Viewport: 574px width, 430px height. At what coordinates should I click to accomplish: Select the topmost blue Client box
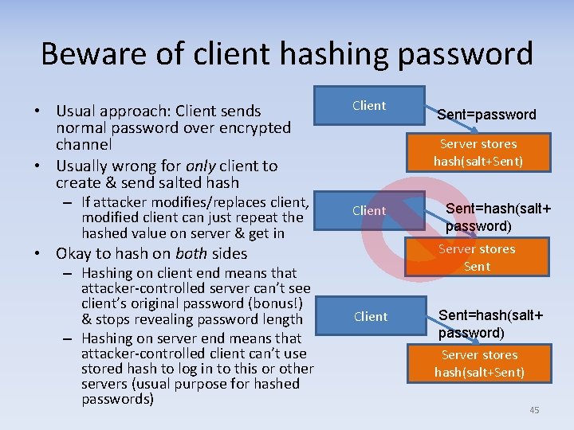(x=369, y=106)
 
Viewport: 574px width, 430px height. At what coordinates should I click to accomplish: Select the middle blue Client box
(x=369, y=211)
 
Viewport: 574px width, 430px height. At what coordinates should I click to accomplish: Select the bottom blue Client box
(x=370, y=316)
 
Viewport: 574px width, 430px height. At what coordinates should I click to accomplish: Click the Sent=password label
(x=486, y=115)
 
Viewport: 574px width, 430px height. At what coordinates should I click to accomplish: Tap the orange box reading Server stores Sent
(x=477, y=257)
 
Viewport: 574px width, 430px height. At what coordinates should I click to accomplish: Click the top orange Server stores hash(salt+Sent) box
(x=478, y=152)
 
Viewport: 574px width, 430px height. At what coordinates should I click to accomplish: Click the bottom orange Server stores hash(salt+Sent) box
(x=479, y=363)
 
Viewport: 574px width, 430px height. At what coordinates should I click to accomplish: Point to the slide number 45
(x=534, y=409)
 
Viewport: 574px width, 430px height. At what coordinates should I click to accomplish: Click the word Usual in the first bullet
(x=78, y=111)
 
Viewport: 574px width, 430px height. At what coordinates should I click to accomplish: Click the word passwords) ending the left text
(x=118, y=399)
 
